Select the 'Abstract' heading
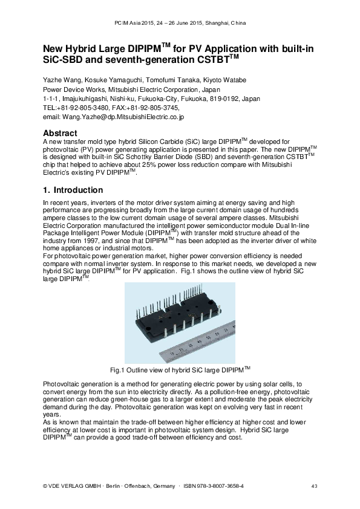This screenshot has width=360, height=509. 61,133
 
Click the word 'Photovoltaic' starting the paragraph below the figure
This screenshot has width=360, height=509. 61,385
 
